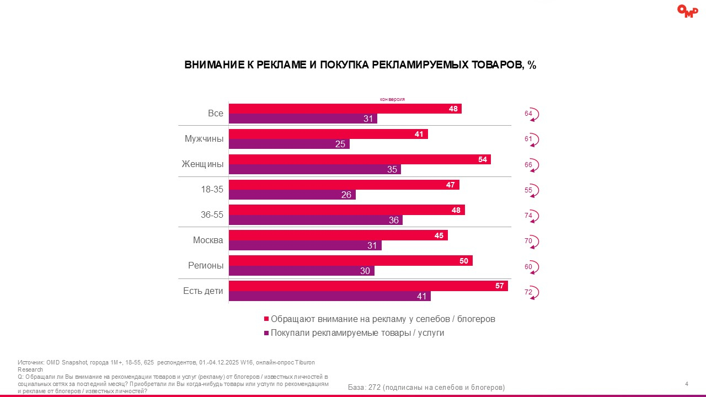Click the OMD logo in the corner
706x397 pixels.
687,11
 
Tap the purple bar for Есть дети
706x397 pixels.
329,296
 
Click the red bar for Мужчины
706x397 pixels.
328,134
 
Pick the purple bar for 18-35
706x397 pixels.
292,195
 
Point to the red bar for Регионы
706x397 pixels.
351,261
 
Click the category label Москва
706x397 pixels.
208,240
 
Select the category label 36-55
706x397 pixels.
212,214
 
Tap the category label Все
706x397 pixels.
216,113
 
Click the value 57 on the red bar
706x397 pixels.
500,286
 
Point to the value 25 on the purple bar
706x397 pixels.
340,144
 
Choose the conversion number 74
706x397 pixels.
528,216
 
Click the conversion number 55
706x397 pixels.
528,190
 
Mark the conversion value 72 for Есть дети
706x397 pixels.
528,292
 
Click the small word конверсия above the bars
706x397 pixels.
393,99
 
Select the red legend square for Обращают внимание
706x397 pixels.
267,319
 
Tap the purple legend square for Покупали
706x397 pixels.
267,333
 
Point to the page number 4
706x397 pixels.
686,384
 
